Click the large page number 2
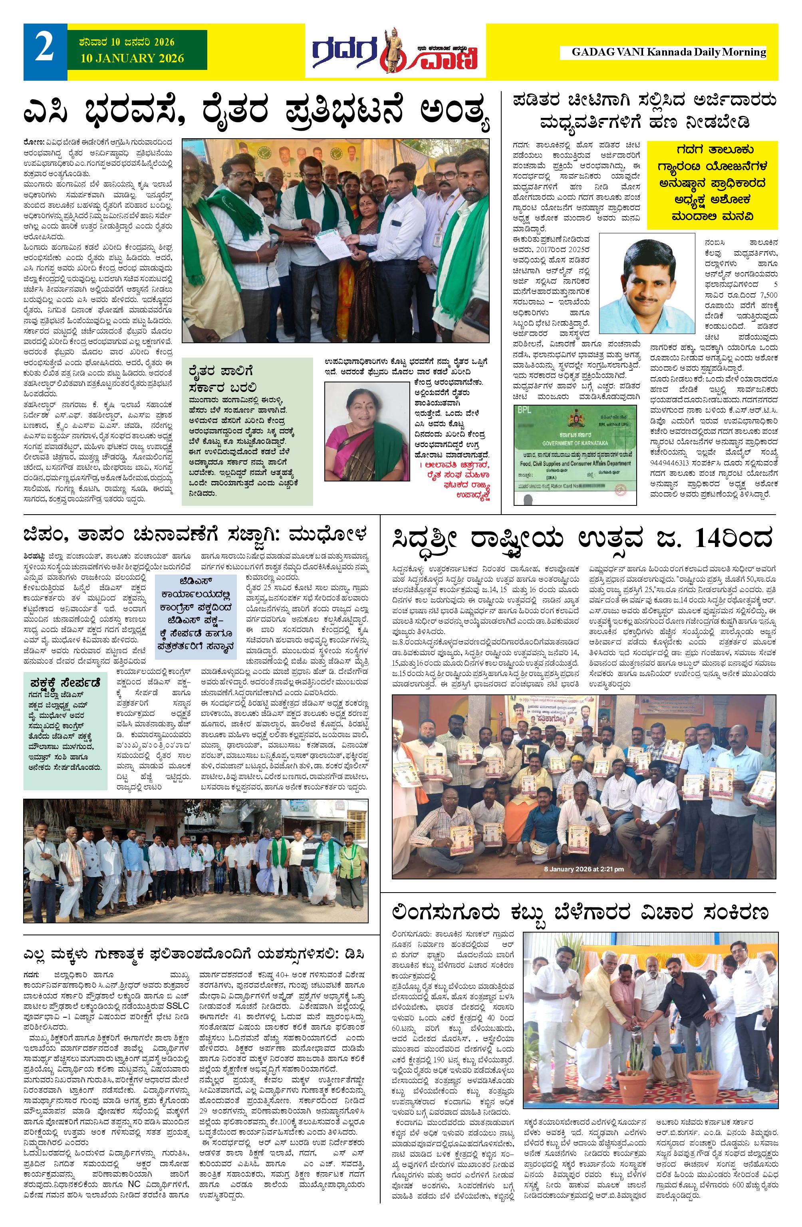pyautogui.click(x=44, y=52)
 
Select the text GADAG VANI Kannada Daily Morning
pyautogui.click(x=669, y=52)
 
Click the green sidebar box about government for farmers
pyautogui.click(x=247, y=430)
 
